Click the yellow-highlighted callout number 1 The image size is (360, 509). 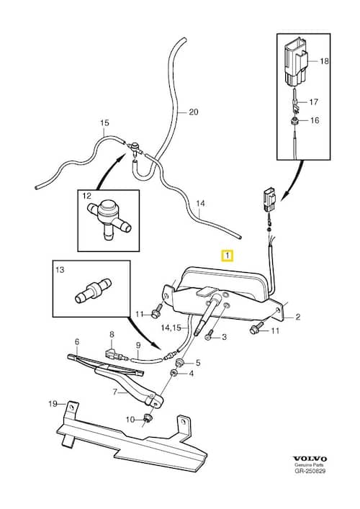click(x=227, y=255)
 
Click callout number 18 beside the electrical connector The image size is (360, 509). click(x=323, y=62)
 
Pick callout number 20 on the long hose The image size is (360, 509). click(x=192, y=112)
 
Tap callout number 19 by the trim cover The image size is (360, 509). click(x=52, y=403)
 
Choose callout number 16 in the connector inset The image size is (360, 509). click(x=314, y=120)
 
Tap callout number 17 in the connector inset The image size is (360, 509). click(x=314, y=102)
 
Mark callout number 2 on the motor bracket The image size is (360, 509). click(x=297, y=316)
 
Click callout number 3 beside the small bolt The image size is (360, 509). click(x=224, y=336)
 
